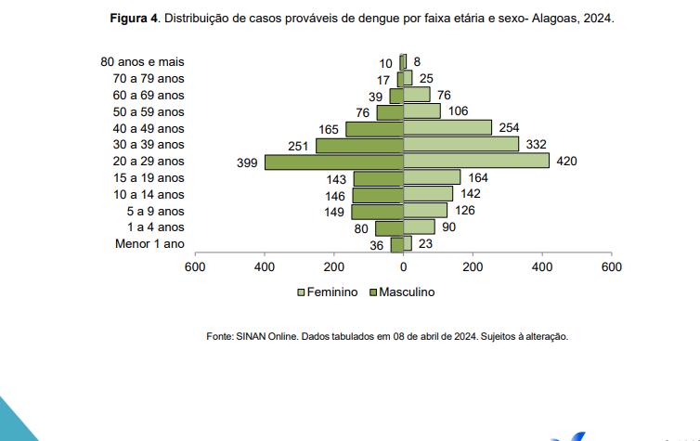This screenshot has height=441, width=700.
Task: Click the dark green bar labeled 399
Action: coord(334,162)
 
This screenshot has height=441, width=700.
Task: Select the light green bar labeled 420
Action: coord(476,162)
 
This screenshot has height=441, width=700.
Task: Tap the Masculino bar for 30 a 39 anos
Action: coord(359,145)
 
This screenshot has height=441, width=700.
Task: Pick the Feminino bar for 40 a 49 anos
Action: coord(447,128)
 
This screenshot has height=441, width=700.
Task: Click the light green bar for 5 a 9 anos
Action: coord(425,211)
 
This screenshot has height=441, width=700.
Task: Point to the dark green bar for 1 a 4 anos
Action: coord(389,227)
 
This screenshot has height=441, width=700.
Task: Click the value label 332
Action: coord(536,144)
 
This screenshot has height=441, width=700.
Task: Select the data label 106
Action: coord(458,111)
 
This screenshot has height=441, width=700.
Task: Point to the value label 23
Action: coord(426,243)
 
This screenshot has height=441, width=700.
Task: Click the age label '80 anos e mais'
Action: coord(142,62)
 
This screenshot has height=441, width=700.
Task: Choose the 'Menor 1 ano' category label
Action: coord(149,244)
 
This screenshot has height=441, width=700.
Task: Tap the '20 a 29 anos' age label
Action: coord(149,162)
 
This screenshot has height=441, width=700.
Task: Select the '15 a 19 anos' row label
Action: coord(149,178)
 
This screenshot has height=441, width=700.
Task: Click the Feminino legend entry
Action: coord(327,292)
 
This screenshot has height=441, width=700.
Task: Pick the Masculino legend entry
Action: coord(401,292)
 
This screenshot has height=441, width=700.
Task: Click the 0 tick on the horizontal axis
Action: coord(403,267)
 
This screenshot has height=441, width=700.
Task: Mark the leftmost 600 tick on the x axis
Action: coord(194,267)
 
